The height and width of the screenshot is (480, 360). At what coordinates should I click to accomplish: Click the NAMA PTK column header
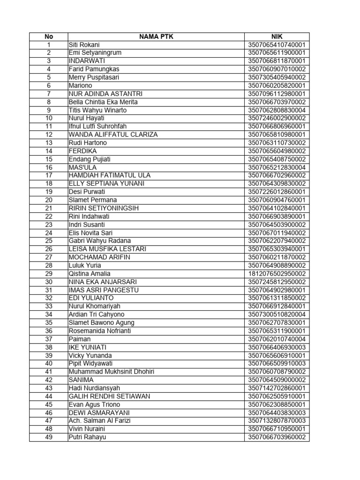click(x=156, y=37)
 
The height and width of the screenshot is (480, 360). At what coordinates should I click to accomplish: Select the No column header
click(x=49, y=37)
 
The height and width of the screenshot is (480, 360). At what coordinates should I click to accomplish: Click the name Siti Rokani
click(x=84, y=45)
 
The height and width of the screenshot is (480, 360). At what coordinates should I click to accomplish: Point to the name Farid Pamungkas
click(x=94, y=69)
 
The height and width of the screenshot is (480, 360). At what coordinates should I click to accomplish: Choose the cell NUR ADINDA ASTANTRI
click(x=105, y=94)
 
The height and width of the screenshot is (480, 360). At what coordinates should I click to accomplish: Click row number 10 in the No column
click(x=49, y=118)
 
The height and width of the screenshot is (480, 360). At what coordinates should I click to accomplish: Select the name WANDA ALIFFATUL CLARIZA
click(x=113, y=135)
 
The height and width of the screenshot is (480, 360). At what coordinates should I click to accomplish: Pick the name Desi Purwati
click(x=87, y=192)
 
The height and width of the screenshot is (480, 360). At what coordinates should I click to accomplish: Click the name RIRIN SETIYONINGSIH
click(x=104, y=208)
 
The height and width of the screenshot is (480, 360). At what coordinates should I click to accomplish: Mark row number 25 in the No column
click(x=49, y=240)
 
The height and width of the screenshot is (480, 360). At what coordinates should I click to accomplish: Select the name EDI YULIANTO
click(x=91, y=298)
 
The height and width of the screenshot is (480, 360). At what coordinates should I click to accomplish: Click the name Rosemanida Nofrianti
click(x=100, y=330)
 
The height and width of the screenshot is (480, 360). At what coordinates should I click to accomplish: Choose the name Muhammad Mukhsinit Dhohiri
click(x=111, y=372)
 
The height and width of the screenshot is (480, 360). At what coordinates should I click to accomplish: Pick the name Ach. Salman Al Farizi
click(x=99, y=420)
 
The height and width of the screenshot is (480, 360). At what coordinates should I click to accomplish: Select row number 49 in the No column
click(x=49, y=437)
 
